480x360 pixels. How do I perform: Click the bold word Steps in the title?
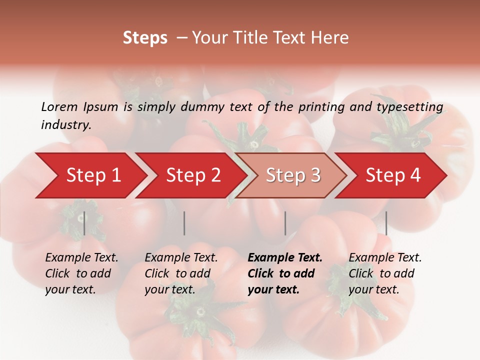click(145, 38)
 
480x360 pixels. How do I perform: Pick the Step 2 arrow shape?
click(193, 175)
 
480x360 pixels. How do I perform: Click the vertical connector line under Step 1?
click(84, 223)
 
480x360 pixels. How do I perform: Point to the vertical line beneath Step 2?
click(184, 223)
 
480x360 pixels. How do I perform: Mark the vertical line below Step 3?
click(285, 223)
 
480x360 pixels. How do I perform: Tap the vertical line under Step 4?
click(386, 223)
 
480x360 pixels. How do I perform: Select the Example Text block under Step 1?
click(81, 273)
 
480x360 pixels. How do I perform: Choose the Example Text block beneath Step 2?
click(181, 273)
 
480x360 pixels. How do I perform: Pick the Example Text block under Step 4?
click(385, 273)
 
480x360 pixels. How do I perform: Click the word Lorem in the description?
click(59, 106)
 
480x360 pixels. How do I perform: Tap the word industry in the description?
click(65, 125)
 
